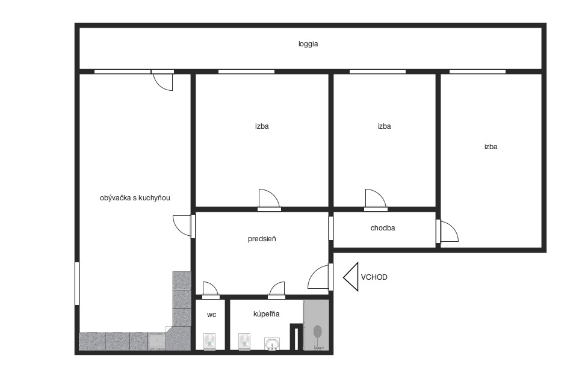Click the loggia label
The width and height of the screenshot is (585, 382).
point(308,44)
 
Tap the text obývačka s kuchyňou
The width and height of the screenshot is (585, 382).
point(135,198)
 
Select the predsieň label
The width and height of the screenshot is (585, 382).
point(262,239)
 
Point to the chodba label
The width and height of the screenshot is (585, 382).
point(383,228)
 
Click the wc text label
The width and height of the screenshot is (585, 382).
point(211,315)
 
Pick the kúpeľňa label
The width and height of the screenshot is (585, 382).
point(267,314)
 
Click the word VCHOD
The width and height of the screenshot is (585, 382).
point(374,277)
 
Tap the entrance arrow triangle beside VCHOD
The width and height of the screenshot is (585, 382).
point(351,277)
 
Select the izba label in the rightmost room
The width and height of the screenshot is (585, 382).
point(491,147)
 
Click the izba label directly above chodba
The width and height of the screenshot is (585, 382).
point(384,126)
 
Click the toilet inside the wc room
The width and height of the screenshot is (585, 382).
point(210,341)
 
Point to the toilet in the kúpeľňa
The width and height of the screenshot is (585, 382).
point(245,341)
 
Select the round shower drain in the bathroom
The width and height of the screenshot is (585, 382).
point(318,331)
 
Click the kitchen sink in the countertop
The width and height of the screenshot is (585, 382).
point(156,341)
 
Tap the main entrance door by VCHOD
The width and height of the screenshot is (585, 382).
point(319,277)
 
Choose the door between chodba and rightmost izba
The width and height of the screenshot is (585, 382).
point(447,232)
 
